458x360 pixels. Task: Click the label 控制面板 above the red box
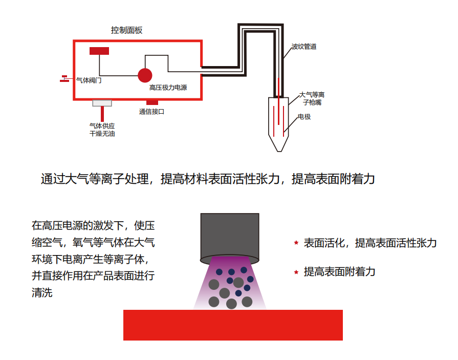126,30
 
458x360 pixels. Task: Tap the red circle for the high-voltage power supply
145,75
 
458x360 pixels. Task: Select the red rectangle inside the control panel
99,51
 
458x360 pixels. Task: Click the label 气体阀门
89,80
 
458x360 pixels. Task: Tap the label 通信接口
151,112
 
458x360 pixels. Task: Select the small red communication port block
152,102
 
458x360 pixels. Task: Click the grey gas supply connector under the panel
102,103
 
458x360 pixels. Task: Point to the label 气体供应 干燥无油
102,130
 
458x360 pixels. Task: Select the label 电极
304,117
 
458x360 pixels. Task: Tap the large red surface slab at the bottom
233,325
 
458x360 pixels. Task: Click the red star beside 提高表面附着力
296,272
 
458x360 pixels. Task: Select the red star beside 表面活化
296,243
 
